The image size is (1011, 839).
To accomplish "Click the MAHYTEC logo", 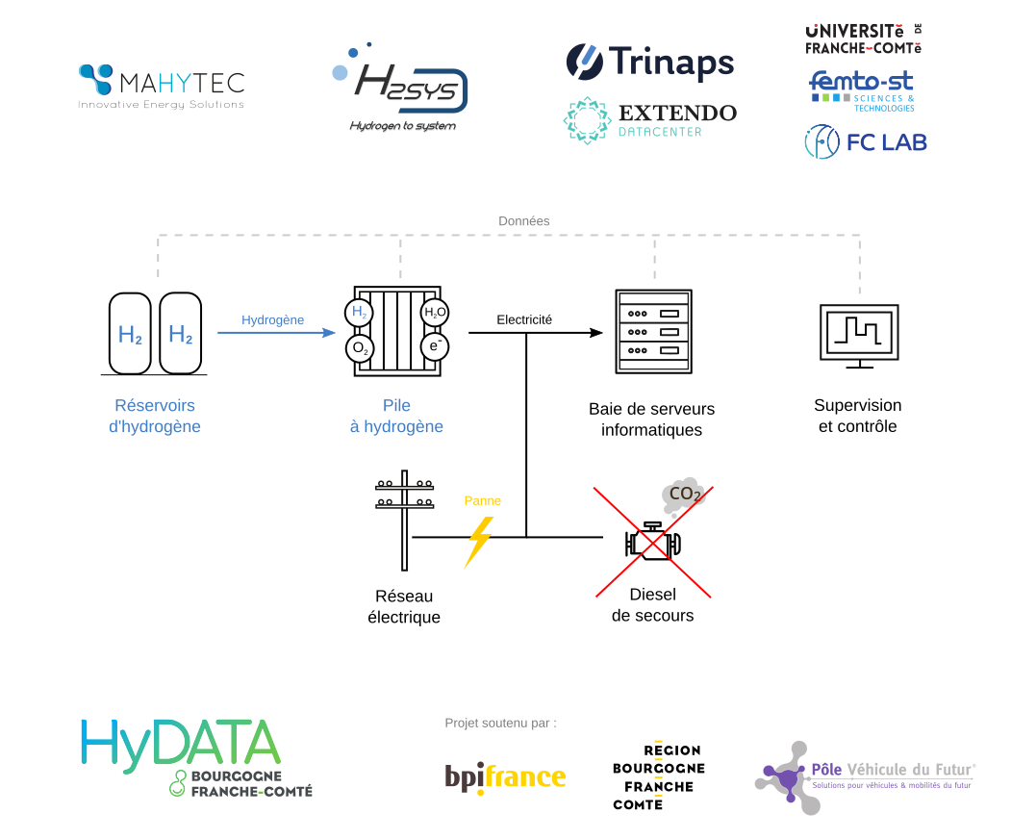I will click(161, 86).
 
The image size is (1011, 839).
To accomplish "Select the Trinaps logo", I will click(650, 63).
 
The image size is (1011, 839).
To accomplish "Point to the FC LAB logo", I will click(866, 142).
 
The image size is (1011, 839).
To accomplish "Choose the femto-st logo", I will click(862, 89).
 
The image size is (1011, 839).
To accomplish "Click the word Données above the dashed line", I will click(524, 221).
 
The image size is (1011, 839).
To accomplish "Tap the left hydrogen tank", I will click(130, 334).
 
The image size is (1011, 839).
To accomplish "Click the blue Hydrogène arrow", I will click(274, 333).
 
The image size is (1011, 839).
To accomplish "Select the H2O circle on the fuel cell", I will click(435, 313).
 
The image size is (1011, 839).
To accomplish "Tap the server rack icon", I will click(654, 331).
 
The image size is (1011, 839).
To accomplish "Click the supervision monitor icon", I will click(859, 335).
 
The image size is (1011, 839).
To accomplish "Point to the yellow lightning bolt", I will click(478, 542).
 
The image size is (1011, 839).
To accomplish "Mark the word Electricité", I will click(524, 319).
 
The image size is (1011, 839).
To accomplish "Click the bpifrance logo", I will click(505, 775).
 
